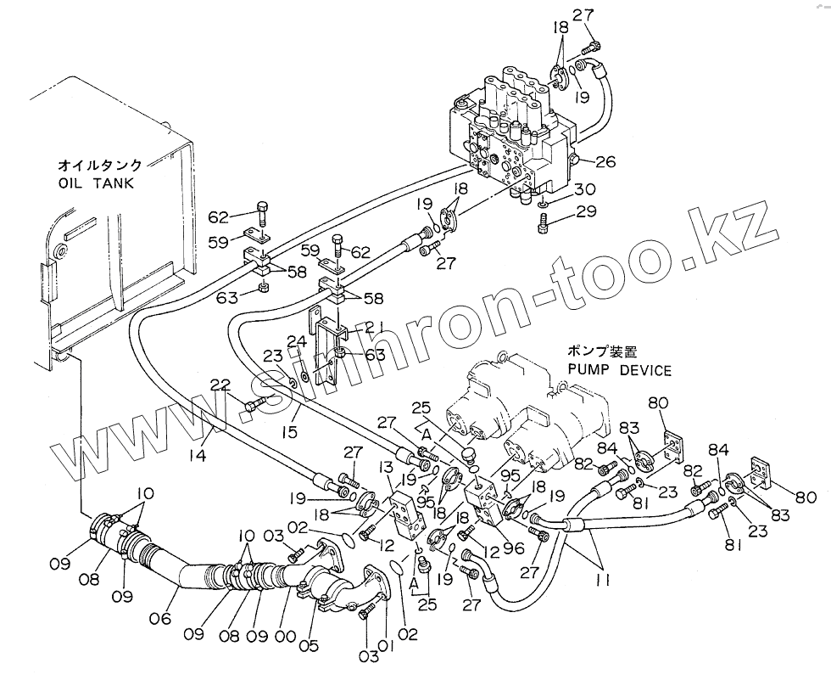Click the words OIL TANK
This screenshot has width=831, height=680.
[x=96, y=183]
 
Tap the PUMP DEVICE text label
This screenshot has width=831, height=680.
[x=622, y=370]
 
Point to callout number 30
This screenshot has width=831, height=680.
[x=584, y=189]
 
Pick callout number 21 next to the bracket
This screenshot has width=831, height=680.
[x=374, y=328]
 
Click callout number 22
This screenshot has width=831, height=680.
[x=220, y=385]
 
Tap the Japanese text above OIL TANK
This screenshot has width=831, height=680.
[x=99, y=164]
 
